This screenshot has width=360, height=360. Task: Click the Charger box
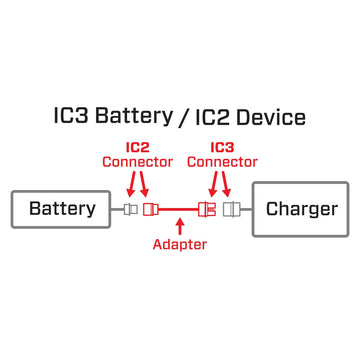coord(300,209)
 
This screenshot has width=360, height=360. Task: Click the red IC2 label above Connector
coord(138,146)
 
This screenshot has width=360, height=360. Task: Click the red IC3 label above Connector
coord(222,146)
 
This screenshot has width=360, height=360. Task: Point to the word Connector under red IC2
coord(138,162)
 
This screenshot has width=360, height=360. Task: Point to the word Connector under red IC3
coord(222,162)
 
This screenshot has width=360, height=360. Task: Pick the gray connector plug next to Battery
coord(130,209)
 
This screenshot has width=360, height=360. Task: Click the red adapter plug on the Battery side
coord(152,209)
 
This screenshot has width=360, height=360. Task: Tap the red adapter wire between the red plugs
coord(180,209)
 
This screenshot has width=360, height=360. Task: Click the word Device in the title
coord(268,117)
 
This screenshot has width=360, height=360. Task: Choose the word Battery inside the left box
coord(62,209)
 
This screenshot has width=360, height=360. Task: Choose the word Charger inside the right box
coord(300,209)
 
